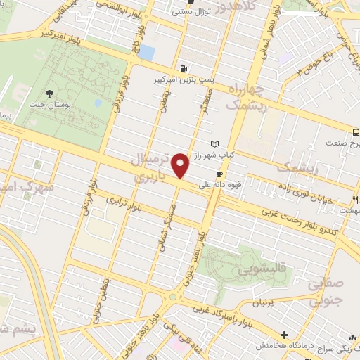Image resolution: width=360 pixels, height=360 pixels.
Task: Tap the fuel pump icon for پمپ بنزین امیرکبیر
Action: click(184, 69)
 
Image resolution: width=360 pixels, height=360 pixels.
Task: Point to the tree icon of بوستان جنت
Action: click(49, 93)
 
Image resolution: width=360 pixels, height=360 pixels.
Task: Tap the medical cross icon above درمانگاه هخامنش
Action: click(285, 334)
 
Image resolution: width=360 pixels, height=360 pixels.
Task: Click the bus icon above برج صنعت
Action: click(356, 131)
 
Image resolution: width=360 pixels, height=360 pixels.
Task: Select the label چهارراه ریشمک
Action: click(245, 97)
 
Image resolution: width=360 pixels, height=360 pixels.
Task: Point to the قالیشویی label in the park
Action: click(240, 267)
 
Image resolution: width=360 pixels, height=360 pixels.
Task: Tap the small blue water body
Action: click(146, 52)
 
